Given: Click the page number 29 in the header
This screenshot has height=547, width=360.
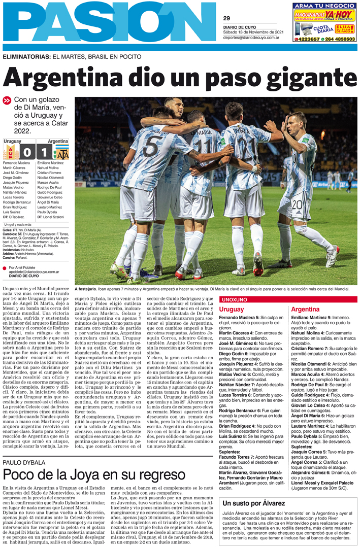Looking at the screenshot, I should click(x=226, y=18).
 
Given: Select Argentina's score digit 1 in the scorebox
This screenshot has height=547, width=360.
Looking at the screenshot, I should click(x=45, y=152).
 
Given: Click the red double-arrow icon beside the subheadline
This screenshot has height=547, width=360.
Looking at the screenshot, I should click(x=7, y=100).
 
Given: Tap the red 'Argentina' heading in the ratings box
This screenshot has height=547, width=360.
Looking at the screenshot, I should click(x=305, y=309).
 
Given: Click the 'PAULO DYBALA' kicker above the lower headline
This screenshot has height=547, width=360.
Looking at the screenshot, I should click(x=25, y=462).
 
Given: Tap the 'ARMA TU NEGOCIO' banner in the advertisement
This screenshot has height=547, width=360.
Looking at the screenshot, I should click(x=323, y=6).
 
